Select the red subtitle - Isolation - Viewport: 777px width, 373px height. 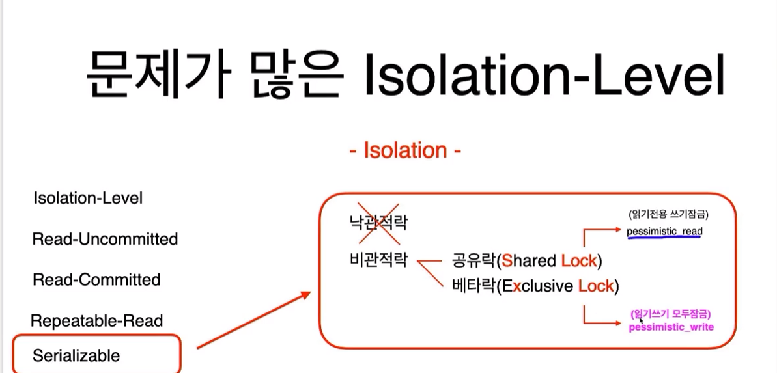click(405, 150)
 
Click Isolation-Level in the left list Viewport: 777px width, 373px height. click(88, 199)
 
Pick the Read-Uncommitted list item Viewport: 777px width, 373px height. click(105, 240)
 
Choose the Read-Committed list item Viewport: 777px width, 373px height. click(96, 280)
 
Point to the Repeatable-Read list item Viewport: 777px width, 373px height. click(97, 321)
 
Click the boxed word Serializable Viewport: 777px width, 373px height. click(76, 355)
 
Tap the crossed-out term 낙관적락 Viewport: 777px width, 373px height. click(378, 223)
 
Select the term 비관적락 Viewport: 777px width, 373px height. click(378, 260)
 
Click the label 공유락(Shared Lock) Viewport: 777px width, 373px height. click(527, 260)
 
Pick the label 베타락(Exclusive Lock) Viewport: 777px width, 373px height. click(535, 286)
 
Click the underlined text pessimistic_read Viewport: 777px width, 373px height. click(664, 231)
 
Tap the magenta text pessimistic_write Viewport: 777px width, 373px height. click(671, 327)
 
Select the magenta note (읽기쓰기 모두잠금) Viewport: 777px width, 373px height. click(671, 314)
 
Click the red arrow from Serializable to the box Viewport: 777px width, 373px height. click(254, 320)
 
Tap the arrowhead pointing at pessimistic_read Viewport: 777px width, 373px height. click(617, 229)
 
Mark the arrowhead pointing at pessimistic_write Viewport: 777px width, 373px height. click(617, 324)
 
